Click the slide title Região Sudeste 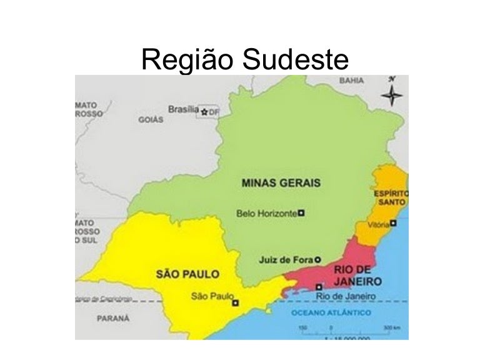point(244,60)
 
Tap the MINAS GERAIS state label point(281,183)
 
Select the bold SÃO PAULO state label point(187,274)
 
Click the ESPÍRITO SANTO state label point(391,198)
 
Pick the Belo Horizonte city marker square point(301,213)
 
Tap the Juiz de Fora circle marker point(317,259)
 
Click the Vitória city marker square point(394,222)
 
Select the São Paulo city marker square point(235,303)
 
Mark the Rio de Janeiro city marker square point(319,287)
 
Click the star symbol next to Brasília point(204,111)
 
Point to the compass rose point(392,94)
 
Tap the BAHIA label point(352,81)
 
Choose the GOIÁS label point(151,120)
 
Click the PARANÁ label point(113,318)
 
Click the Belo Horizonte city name point(266,213)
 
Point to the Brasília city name point(183,109)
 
